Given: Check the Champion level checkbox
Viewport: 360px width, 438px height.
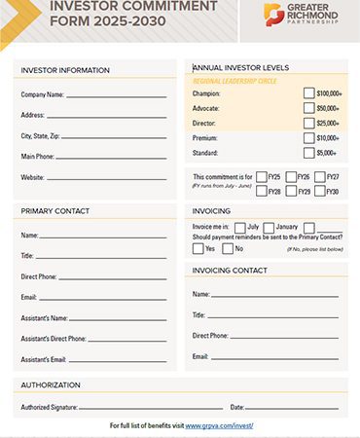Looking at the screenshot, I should point(308,93).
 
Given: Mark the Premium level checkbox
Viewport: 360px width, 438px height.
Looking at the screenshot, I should point(308,138).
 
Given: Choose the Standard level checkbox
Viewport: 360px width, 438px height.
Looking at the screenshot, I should point(308,153).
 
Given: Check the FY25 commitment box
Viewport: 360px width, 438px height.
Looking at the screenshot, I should point(262,177).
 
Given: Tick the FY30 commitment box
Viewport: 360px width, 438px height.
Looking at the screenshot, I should point(319,191).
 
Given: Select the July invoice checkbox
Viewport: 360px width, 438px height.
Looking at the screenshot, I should point(239,227).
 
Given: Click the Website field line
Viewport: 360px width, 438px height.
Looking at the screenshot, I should point(108,179).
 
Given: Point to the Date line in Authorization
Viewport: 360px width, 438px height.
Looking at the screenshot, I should point(292,408).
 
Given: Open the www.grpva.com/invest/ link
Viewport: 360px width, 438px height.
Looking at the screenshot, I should point(219,426).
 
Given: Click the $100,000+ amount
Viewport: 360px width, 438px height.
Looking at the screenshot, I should point(329,93).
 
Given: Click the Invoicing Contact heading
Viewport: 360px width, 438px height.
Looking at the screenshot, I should point(230,270).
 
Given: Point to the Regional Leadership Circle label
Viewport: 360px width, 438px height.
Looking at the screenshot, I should point(235,81).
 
